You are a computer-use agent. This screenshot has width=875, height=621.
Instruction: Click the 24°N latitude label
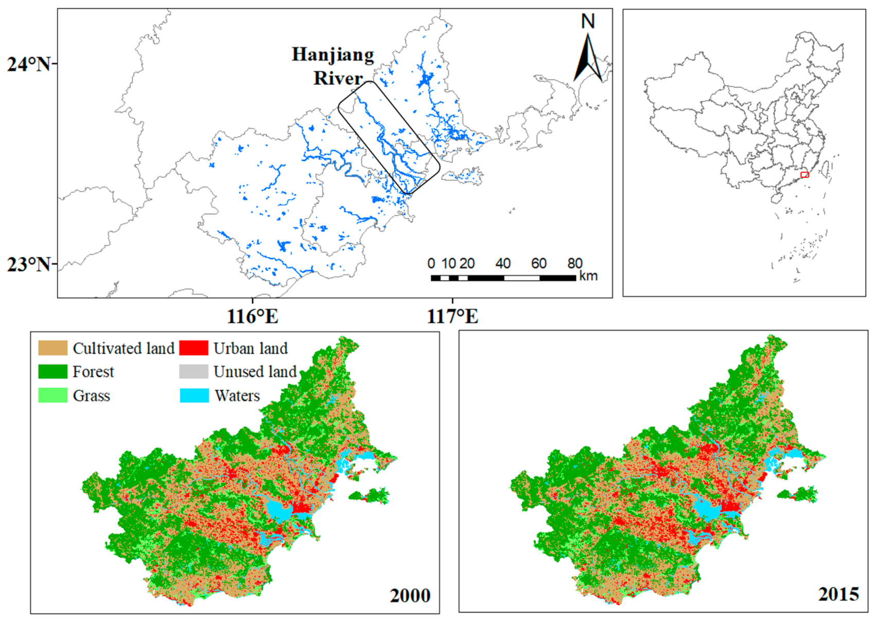point(28,64)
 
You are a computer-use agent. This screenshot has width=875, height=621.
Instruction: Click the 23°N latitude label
point(28,265)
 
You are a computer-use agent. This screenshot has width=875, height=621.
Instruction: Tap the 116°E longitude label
point(252,316)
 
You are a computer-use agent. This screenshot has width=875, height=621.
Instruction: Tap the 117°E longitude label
point(452,316)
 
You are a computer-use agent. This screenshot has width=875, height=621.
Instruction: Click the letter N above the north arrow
point(588,21)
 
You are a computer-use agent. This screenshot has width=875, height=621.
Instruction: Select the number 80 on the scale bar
point(574,264)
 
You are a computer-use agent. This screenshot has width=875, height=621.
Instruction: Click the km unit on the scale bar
point(588,276)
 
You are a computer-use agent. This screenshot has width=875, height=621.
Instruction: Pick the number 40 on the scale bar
point(502,264)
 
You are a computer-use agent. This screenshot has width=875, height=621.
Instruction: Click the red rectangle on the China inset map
point(805,175)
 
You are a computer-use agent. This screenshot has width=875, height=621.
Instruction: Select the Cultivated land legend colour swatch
point(52,348)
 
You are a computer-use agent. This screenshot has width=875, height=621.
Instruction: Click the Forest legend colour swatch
point(52,371)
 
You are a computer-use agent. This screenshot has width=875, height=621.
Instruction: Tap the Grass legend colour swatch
point(52,395)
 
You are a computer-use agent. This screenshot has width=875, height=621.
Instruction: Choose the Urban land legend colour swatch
point(194,348)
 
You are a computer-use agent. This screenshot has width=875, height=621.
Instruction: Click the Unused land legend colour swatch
point(194,371)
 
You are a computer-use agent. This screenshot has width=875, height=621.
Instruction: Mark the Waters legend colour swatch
point(194,395)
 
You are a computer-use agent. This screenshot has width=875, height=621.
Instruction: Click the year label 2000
point(410,595)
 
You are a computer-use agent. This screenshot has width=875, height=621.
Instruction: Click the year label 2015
point(838,594)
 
